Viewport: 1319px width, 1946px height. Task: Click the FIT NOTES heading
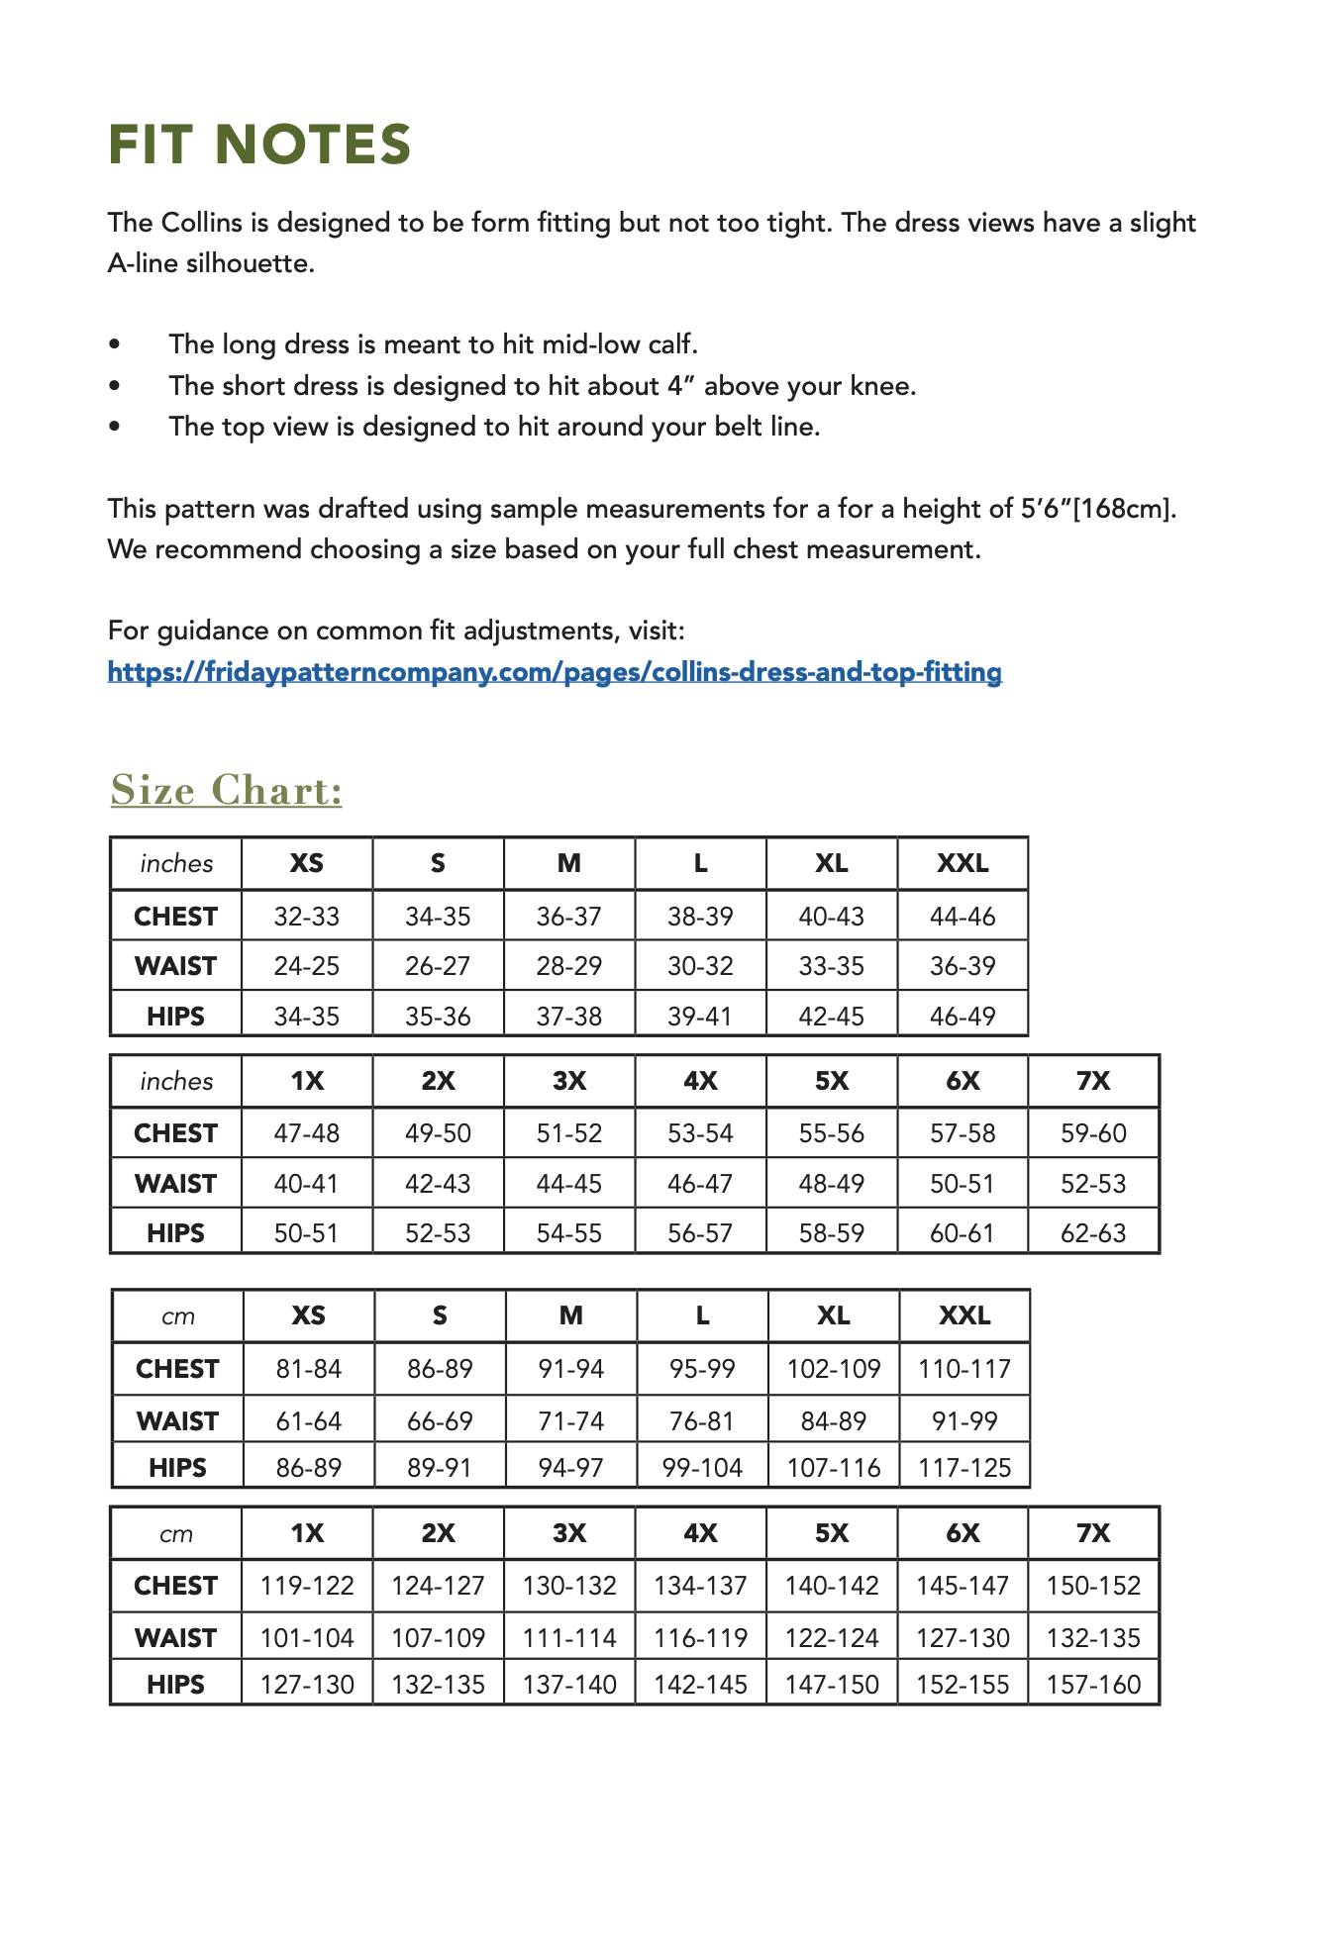[x=259, y=145]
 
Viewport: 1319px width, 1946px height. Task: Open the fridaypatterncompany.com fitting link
[x=555, y=672]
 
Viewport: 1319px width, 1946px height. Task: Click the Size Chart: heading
[x=226, y=790]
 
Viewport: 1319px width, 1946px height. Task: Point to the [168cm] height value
[x=1124, y=509]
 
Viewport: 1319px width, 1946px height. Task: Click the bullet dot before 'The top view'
[x=116, y=427]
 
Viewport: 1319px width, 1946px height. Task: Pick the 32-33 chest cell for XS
[x=307, y=917]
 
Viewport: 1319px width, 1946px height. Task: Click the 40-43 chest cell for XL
[x=832, y=917]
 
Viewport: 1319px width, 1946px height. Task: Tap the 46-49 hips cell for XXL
[x=963, y=1017]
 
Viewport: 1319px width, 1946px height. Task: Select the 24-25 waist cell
[x=307, y=966]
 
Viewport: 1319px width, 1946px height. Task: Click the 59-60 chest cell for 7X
[x=1093, y=1133]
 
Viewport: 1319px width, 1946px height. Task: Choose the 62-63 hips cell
[x=1093, y=1233]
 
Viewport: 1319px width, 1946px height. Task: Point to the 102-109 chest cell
[x=834, y=1369]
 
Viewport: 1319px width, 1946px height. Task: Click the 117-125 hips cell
[x=964, y=1468]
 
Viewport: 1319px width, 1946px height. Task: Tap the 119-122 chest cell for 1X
[x=307, y=1586]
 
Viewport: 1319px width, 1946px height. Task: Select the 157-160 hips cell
[x=1093, y=1685]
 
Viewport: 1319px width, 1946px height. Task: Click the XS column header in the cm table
[x=309, y=1315]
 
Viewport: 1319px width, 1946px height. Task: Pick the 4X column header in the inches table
[x=700, y=1081]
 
